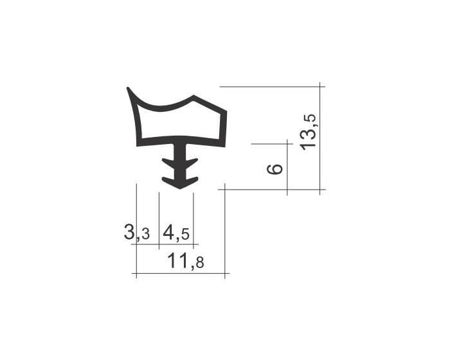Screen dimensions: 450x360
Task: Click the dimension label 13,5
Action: click(x=308, y=132)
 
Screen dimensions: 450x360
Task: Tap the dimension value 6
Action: click(x=274, y=169)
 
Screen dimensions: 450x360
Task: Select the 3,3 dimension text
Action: click(x=137, y=232)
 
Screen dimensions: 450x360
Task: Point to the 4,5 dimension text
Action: click(x=176, y=233)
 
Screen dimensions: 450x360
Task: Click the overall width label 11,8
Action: click(x=186, y=261)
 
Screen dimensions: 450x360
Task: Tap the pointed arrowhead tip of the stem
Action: click(x=180, y=188)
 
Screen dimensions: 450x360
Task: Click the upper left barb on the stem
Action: click(x=168, y=162)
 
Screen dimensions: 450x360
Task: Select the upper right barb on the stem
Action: click(x=192, y=162)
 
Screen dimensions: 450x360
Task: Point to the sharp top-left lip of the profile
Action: click(x=128, y=88)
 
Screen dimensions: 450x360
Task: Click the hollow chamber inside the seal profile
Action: click(x=180, y=122)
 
